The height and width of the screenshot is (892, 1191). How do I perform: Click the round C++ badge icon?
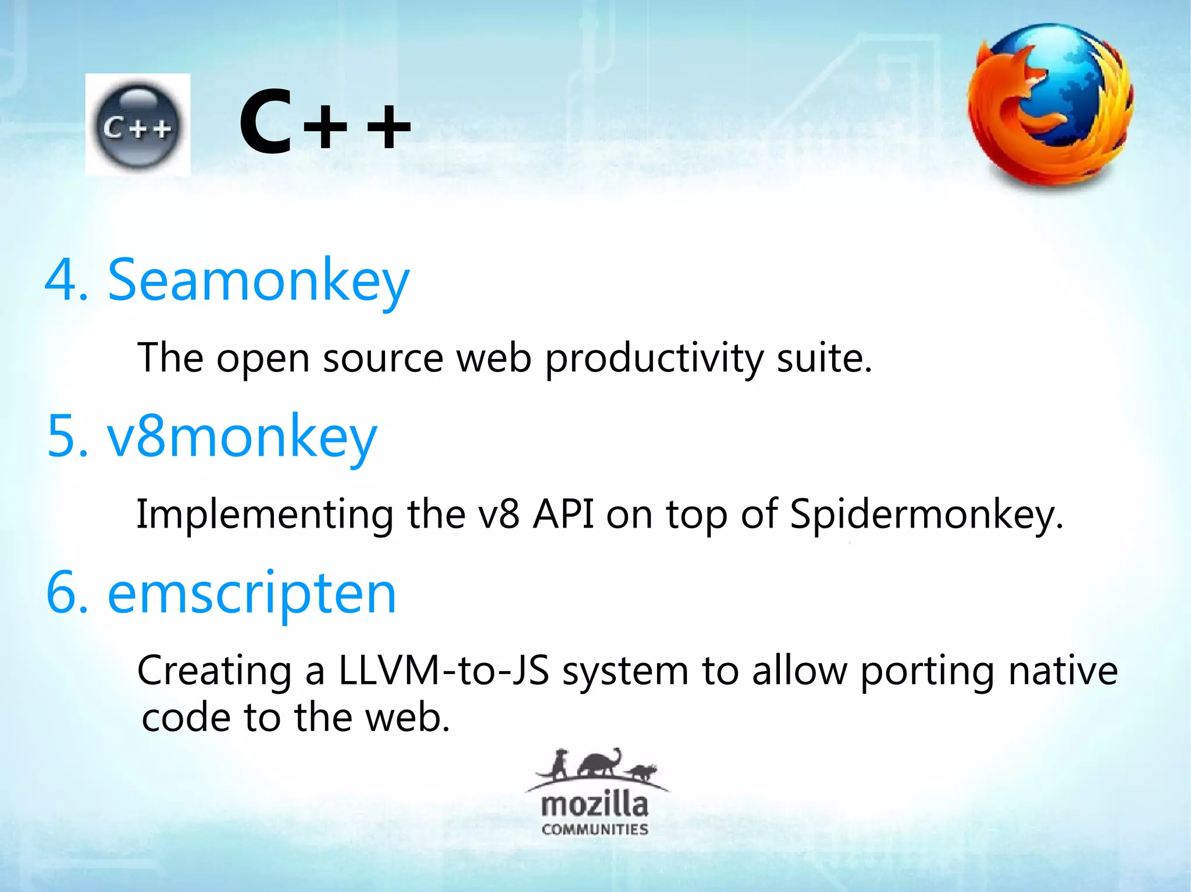137,126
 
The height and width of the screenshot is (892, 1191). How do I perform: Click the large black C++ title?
325,123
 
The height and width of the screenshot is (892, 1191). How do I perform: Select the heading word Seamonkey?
258,282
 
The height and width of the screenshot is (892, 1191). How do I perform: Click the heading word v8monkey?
242,437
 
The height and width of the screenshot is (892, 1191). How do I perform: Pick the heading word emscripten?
251,593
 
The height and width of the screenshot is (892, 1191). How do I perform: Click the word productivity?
654,359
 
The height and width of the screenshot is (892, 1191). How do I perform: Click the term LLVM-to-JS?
443,671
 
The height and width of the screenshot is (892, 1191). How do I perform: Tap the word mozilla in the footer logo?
594,805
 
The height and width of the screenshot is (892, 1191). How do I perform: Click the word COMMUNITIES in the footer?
594,829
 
